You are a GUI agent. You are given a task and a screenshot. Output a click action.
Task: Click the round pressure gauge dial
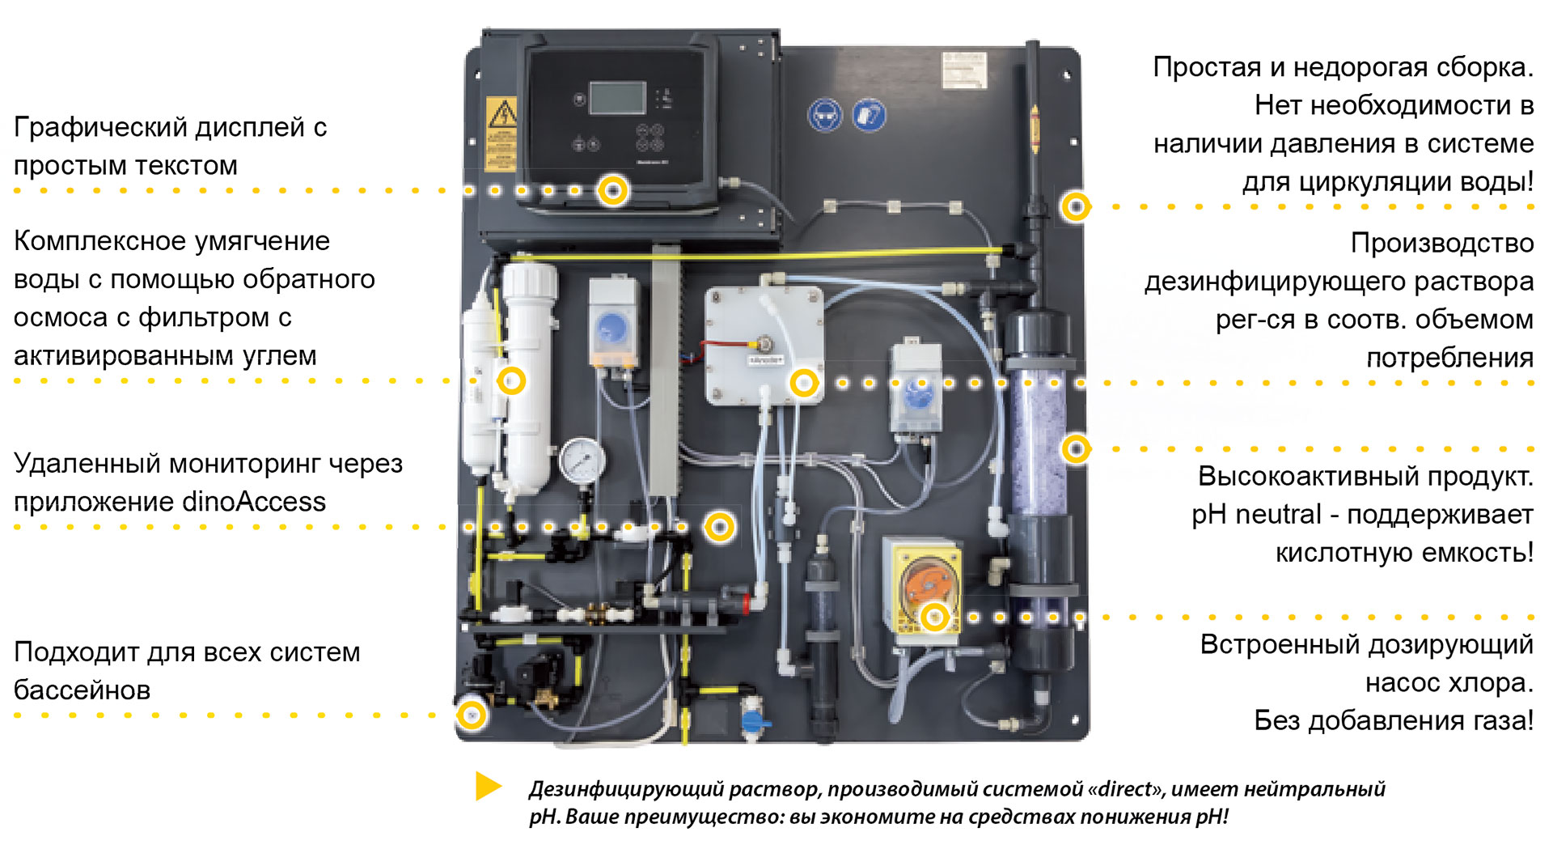[x=582, y=461]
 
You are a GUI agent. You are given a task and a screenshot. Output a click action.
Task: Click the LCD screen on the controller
[x=618, y=98]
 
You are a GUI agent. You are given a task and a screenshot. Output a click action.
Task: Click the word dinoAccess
[x=254, y=502]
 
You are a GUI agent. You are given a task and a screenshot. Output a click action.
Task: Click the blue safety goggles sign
[x=825, y=116]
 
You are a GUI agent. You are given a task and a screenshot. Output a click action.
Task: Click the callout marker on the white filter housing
[x=511, y=380]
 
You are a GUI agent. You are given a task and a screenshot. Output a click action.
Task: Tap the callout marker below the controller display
[x=613, y=191]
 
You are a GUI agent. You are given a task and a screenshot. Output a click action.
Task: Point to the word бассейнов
[x=82, y=690]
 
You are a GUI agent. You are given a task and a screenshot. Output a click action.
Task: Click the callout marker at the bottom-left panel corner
[x=471, y=715]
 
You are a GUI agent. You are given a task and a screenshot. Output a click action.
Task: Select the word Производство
[x=1442, y=243]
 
